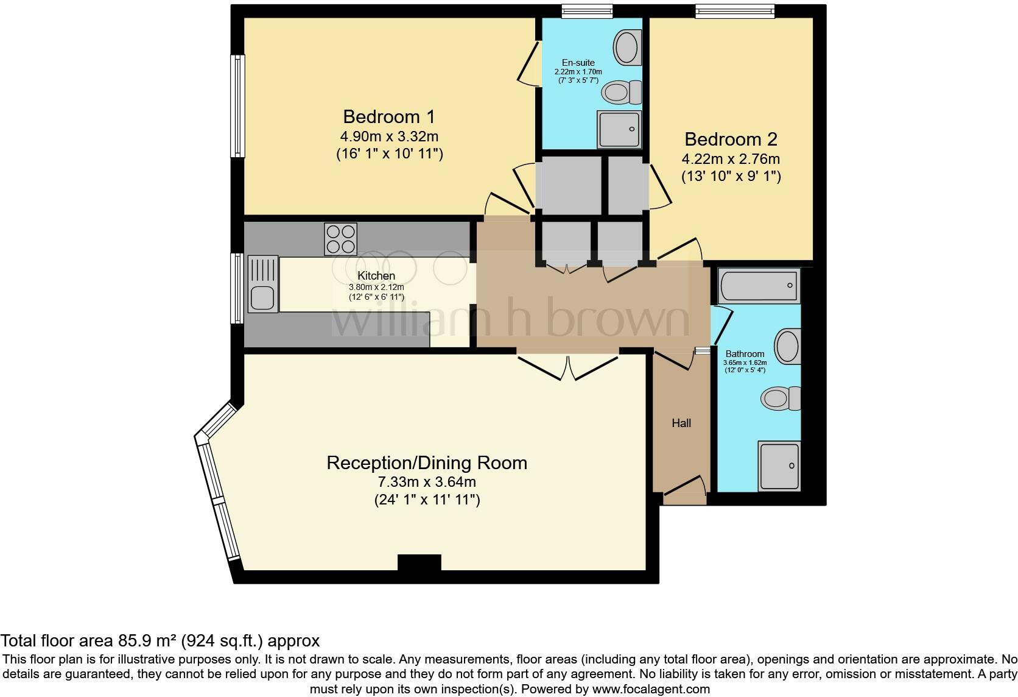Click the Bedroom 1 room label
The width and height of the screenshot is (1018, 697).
[389, 116]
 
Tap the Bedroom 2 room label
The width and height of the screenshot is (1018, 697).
[731, 139]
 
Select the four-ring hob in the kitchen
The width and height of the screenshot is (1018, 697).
[340, 239]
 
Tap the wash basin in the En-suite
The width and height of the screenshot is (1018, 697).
[627, 48]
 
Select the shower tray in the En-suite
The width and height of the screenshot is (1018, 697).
[619, 129]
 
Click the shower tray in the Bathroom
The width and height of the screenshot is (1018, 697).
[779, 466]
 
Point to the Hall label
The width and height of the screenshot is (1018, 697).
[681, 423]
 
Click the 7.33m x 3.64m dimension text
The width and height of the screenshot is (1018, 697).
[426, 482]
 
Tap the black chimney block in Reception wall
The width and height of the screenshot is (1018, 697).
[419, 562]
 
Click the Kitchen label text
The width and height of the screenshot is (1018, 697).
[376, 276]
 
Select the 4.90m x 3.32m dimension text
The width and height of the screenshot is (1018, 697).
[389, 136]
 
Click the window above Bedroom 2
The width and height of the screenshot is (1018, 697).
[735, 10]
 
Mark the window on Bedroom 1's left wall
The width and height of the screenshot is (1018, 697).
[237, 107]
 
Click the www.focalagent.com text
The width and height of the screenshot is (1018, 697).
[651, 689]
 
